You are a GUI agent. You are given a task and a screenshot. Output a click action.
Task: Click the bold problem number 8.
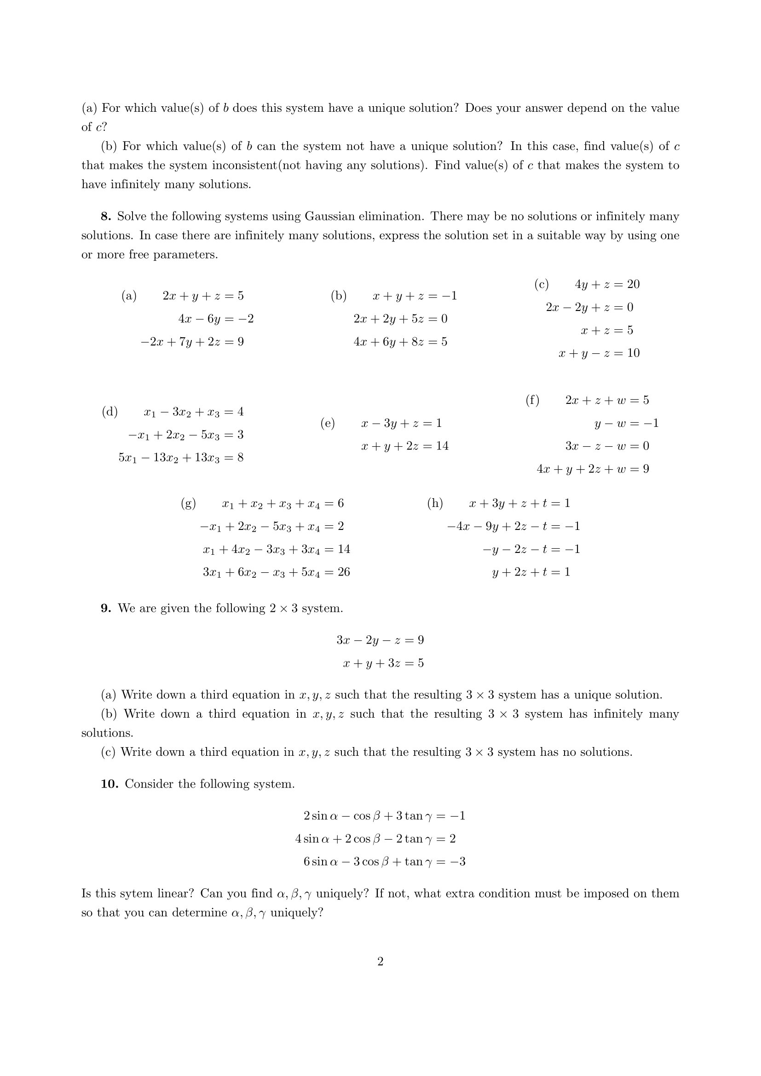click(105, 217)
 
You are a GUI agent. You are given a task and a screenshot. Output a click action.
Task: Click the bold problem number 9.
click(105, 608)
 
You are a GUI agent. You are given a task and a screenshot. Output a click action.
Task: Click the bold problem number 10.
click(109, 784)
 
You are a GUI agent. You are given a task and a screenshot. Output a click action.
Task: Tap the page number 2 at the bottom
click(380, 962)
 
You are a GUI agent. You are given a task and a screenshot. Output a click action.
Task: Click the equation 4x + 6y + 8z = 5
click(400, 342)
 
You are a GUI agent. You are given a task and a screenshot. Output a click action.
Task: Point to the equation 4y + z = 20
click(607, 284)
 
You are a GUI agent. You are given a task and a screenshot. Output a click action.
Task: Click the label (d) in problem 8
click(110, 412)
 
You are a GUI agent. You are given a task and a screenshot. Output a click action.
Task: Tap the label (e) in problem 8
click(328, 423)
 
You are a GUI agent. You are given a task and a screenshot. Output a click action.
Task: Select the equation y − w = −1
click(626, 424)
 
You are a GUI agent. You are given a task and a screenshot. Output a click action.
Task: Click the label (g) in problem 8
click(188, 503)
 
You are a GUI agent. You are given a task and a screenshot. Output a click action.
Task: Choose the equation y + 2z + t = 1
click(531, 572)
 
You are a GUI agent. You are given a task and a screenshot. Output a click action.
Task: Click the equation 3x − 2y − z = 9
click(380, 640)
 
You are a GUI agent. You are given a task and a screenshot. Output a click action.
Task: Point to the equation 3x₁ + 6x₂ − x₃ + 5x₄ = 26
click(276, 572)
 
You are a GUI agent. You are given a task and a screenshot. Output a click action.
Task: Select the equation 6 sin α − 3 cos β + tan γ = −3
click(384, 862)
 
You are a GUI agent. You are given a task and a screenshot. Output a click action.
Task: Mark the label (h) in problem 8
click(435, 503)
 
